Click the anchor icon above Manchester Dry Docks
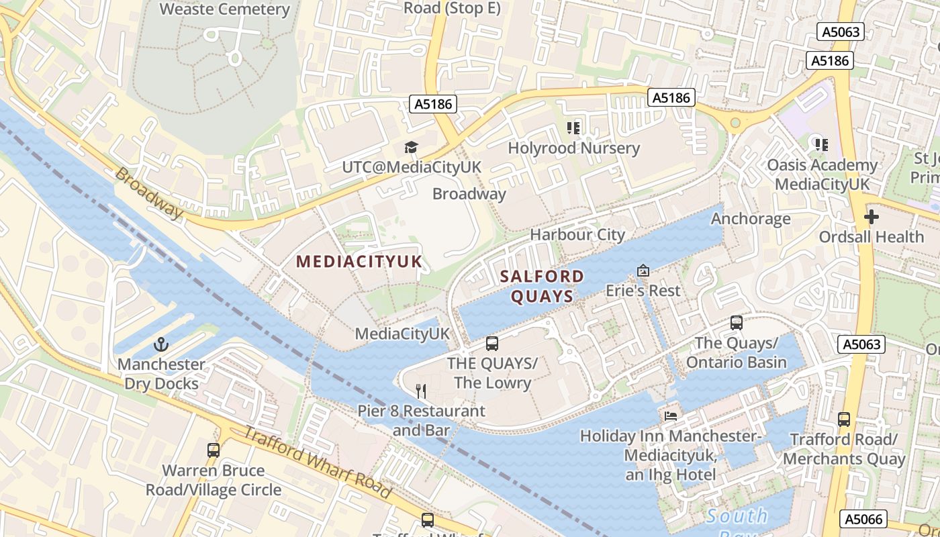[160, 345]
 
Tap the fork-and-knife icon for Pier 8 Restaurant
[421, 391]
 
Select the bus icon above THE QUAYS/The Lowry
[492, 344]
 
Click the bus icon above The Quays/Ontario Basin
[737, 323]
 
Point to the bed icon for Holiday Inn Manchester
[671, 416]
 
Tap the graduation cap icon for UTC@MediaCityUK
[411, 147]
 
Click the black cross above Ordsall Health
[872, 217]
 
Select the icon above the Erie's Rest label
[643, 271]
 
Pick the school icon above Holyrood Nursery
[573, 128]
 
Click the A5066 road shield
[863, 519]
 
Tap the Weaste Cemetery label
[225, 9]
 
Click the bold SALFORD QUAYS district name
[542, 286]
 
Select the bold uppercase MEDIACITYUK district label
[359, 262]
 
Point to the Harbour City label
[577, 234]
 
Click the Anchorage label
[751, 219]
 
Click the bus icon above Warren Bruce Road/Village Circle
[214, 450]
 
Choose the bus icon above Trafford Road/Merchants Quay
[844, 420]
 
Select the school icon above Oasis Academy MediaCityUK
[821, 144]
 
